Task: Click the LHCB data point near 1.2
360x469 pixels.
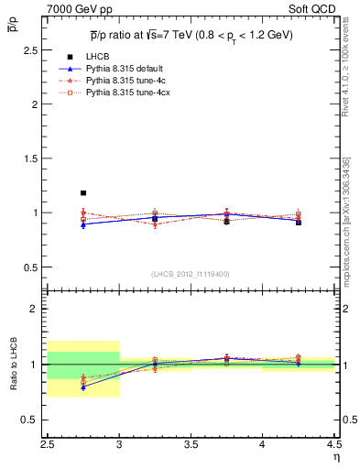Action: (83, 193)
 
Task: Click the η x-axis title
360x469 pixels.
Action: (335, 456)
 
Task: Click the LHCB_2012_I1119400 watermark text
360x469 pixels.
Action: (191, 274)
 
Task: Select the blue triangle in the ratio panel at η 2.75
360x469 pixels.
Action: (83, 387)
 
